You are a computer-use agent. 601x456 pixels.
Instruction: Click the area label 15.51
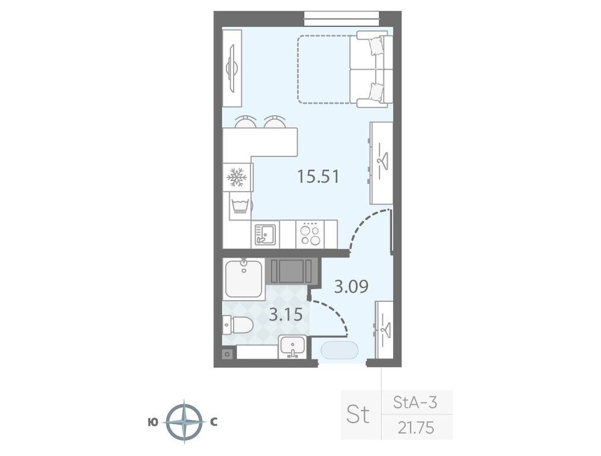319,176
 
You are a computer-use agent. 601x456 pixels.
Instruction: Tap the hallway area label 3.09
351,286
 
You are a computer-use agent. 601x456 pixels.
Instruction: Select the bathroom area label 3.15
285,315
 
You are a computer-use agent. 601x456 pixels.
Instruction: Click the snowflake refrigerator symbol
236,177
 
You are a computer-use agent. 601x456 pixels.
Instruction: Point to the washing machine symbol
240,206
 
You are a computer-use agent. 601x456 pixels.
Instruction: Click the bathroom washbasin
292,346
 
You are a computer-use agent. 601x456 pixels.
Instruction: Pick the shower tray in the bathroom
244,279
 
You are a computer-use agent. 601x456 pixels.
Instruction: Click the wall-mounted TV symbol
232,68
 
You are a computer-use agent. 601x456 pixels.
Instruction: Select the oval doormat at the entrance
339,350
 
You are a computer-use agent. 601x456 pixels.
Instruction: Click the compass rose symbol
185,422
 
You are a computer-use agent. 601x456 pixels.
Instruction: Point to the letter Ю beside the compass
152,422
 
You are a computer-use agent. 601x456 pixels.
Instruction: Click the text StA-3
415,403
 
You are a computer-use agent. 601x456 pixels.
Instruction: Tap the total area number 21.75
415,427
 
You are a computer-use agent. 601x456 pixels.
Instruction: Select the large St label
358,414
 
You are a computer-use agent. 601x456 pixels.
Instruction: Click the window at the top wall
342,18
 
